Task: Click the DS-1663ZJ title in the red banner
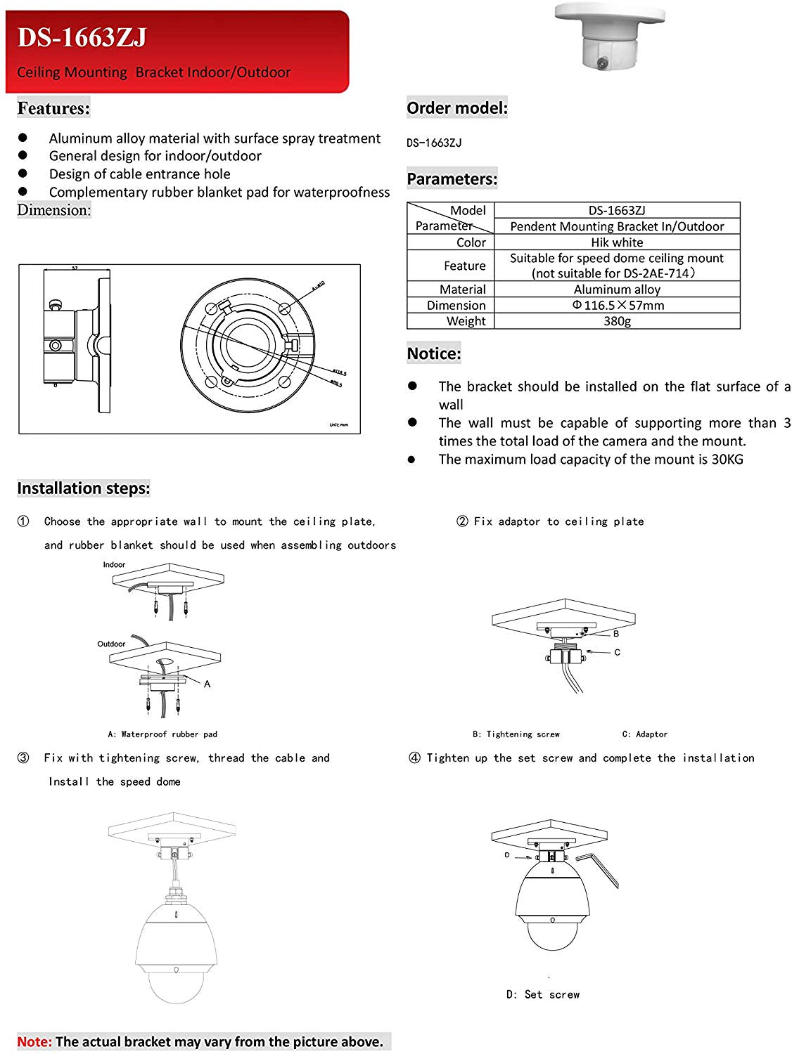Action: click(82, 37)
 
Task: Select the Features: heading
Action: click(53, 108)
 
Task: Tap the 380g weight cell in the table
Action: click(617, 321)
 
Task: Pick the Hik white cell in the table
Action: click(617, 242)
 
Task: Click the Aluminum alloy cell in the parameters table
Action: click(617, 289)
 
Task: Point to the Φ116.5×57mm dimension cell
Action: click(618, 306)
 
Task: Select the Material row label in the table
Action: click(462, 289)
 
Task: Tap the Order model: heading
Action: click(456, 108)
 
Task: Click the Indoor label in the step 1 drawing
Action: click(114, 565)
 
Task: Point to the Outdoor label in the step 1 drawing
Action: click(111, 644)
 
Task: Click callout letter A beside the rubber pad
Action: click(207, 684)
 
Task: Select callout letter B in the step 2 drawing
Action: click(616, 634)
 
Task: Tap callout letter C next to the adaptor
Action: click(617, 652)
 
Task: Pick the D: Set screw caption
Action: click(543, 995)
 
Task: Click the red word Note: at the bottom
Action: click(34, 1042)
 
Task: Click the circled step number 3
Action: click(23, 758)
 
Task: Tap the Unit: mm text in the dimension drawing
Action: click(338, 425)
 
